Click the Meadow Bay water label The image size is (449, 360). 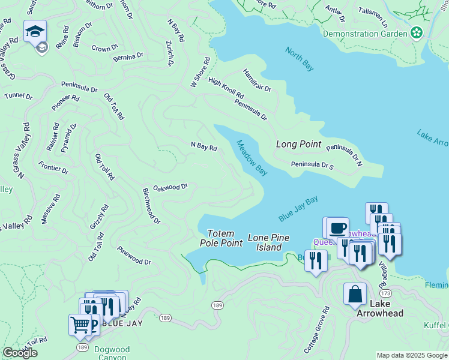coord(252,158)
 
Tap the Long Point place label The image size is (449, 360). coord(298,145)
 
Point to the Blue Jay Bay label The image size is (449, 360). coord(298,209)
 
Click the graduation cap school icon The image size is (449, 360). coord(35,31)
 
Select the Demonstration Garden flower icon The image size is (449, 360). coord(416,33)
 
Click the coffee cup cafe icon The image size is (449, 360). coord(337,227)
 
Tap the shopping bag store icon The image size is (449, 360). coord(355,294)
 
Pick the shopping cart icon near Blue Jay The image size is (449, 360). coord(80,325)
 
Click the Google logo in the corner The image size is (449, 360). coord(20,353)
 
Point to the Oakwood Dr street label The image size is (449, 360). coord(170,187)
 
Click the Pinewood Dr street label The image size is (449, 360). coord(134,256)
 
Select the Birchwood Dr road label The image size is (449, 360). coord(151,205)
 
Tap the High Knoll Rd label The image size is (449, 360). coord(226,88)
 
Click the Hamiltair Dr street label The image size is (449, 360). coord(257,80)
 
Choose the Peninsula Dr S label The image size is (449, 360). coord(312,165)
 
